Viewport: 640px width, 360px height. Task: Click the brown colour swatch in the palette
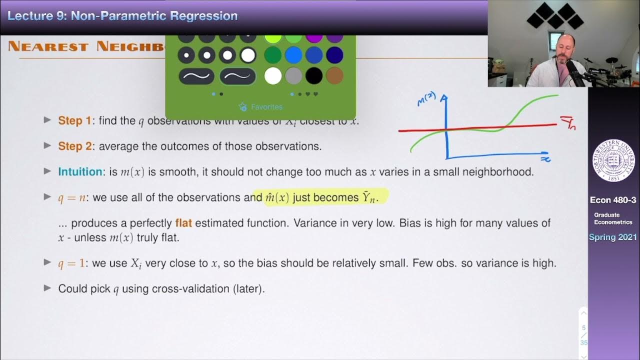[x=335, y=76]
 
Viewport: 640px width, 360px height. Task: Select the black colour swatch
[x=314, y=76]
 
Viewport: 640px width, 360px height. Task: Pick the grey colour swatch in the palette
[x=293, y=76]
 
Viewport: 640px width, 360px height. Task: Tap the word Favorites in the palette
[x=266, y=106]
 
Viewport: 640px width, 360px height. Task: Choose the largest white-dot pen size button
[x=248, y=55]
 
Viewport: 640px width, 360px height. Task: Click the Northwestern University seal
[x=613, y=160]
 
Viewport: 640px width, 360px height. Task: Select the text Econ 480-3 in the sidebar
[x=613, y=200]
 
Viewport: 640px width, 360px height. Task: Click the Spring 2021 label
[x=613, y=237]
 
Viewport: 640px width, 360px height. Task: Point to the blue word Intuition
[x=80, y=171]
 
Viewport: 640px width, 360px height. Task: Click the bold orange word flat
[x=183, y=222]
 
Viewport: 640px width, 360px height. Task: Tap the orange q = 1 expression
[x=71, y=263]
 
